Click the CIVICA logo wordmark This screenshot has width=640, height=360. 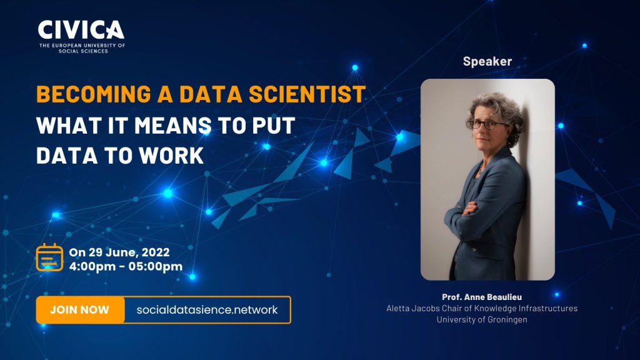pos(81,30)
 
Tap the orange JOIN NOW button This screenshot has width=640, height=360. pos(80,310)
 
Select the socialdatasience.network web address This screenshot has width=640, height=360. pos(207,310)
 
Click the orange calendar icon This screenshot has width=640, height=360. pos(49,257)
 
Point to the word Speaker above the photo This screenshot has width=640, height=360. pos(487,61)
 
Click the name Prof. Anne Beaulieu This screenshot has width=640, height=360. pos(482,297)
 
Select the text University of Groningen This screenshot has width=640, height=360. pos(482,319)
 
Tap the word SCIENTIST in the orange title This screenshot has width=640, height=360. pos(307,94)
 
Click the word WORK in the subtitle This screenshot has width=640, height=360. pos(171,156)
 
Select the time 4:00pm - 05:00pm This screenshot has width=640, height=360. pos(126,266)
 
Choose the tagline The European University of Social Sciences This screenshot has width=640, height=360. pos(82,48)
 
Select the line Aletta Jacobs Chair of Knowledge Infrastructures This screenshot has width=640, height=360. pos(482,308)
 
